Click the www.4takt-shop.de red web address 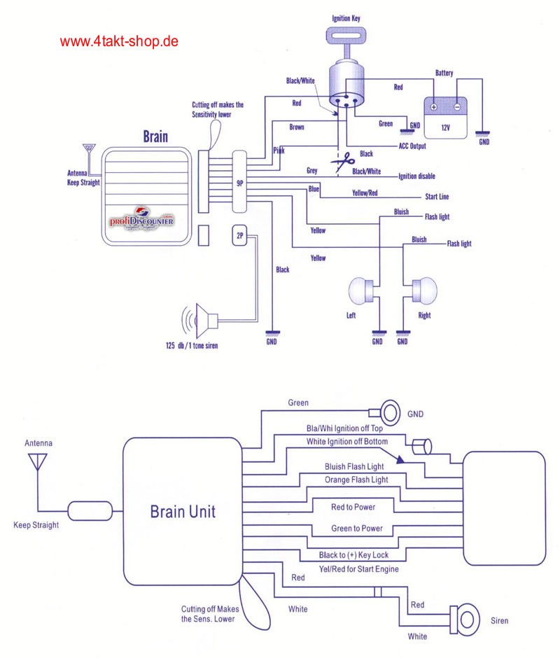coord(119,41)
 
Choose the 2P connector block coord(239,237)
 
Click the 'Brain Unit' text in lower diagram coord(183,512)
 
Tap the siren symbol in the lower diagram coord(466,617)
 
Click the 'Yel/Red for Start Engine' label coord(358,568)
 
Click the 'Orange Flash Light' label coord(356,479)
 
